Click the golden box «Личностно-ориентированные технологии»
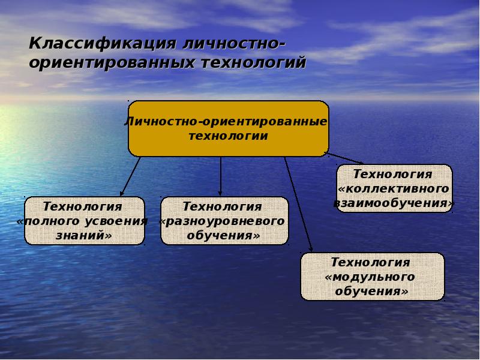coord(228,128)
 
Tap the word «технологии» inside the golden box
coord(228,136)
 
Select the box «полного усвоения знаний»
coord(84,221)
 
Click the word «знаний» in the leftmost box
coord(84,236)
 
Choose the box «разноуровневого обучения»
coord(224,221)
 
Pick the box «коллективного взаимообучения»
coord(394,188)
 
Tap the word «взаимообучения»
coord(394,203)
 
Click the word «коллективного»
coord(394,188)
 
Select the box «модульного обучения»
coord(372,277)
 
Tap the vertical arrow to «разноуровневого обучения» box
coord(221,176)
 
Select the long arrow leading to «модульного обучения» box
coord(298,204)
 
